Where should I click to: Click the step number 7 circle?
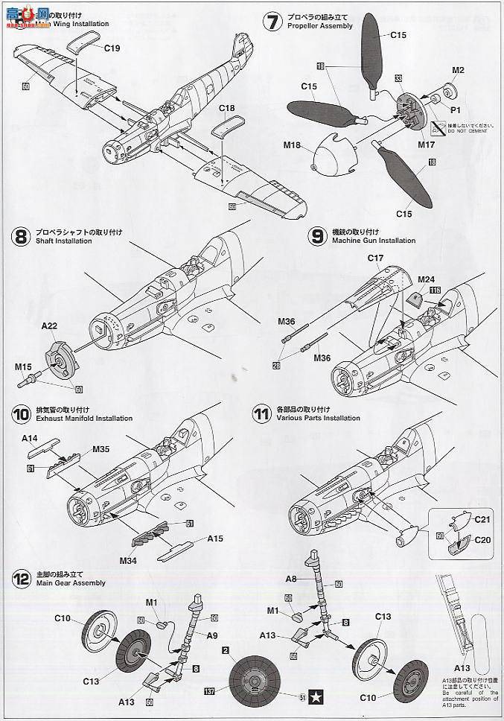click(272, 22)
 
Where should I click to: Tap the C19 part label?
click(112, 48)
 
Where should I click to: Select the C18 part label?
click(227, 109)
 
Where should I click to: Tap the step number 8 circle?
click(21, 237)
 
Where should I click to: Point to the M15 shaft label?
click(24, 366)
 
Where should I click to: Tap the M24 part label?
click(425, 280)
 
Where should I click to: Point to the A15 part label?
click(215, 539)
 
